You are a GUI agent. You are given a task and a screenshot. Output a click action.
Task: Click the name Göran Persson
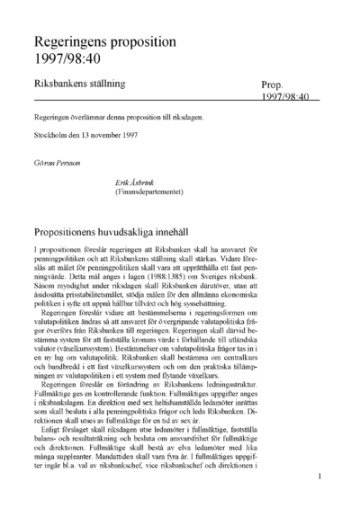tap(56, 167)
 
